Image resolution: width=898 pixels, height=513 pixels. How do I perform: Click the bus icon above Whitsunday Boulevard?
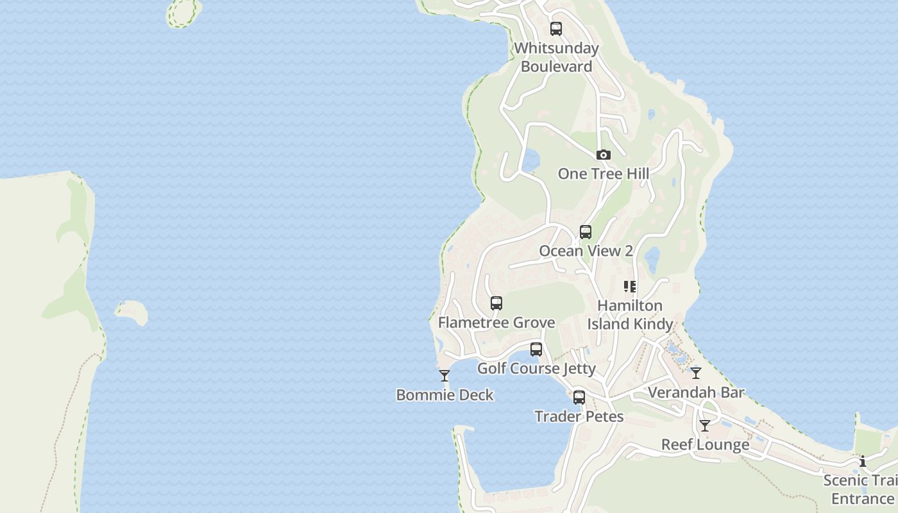[x=556, y=29]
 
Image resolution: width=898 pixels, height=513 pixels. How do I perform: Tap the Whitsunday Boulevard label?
[x=556, y=57]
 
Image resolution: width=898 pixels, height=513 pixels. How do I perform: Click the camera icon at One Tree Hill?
[x=603, y=155]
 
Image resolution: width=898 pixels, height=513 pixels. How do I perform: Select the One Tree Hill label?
[x=603, y=174]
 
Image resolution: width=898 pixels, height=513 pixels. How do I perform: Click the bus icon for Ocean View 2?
[x=586, y=232]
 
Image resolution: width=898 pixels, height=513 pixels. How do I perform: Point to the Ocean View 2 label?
[x=586, y=251]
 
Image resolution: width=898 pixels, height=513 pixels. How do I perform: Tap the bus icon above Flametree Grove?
[x=496, y=303]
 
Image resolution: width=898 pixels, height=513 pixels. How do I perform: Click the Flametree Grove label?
[x=496, y=322]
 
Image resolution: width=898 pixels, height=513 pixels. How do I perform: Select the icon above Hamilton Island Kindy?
[x=630, y=287]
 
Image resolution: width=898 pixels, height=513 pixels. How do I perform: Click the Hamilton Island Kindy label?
[x=630, y=314]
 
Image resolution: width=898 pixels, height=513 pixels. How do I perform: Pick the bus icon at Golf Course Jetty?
[x=536, y=349]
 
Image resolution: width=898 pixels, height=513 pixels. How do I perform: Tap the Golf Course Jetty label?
[x=536, y=369]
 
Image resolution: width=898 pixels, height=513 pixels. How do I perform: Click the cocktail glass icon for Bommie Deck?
[x=445, y=376]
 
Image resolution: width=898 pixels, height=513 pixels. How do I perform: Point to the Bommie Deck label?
[x=445, y=395]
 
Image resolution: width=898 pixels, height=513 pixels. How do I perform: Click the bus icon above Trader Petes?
[x=579, y=398]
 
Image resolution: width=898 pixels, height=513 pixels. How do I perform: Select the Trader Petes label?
[x=579, y=417]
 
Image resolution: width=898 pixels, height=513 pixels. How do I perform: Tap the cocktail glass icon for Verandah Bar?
[x=696, y=373]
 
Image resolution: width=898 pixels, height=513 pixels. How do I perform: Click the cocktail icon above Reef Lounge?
[x=705, y=425]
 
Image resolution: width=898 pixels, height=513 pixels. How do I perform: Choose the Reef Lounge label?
[x=705, y=444]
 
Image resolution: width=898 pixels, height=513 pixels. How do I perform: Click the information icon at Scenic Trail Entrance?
[x=863, y=461]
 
